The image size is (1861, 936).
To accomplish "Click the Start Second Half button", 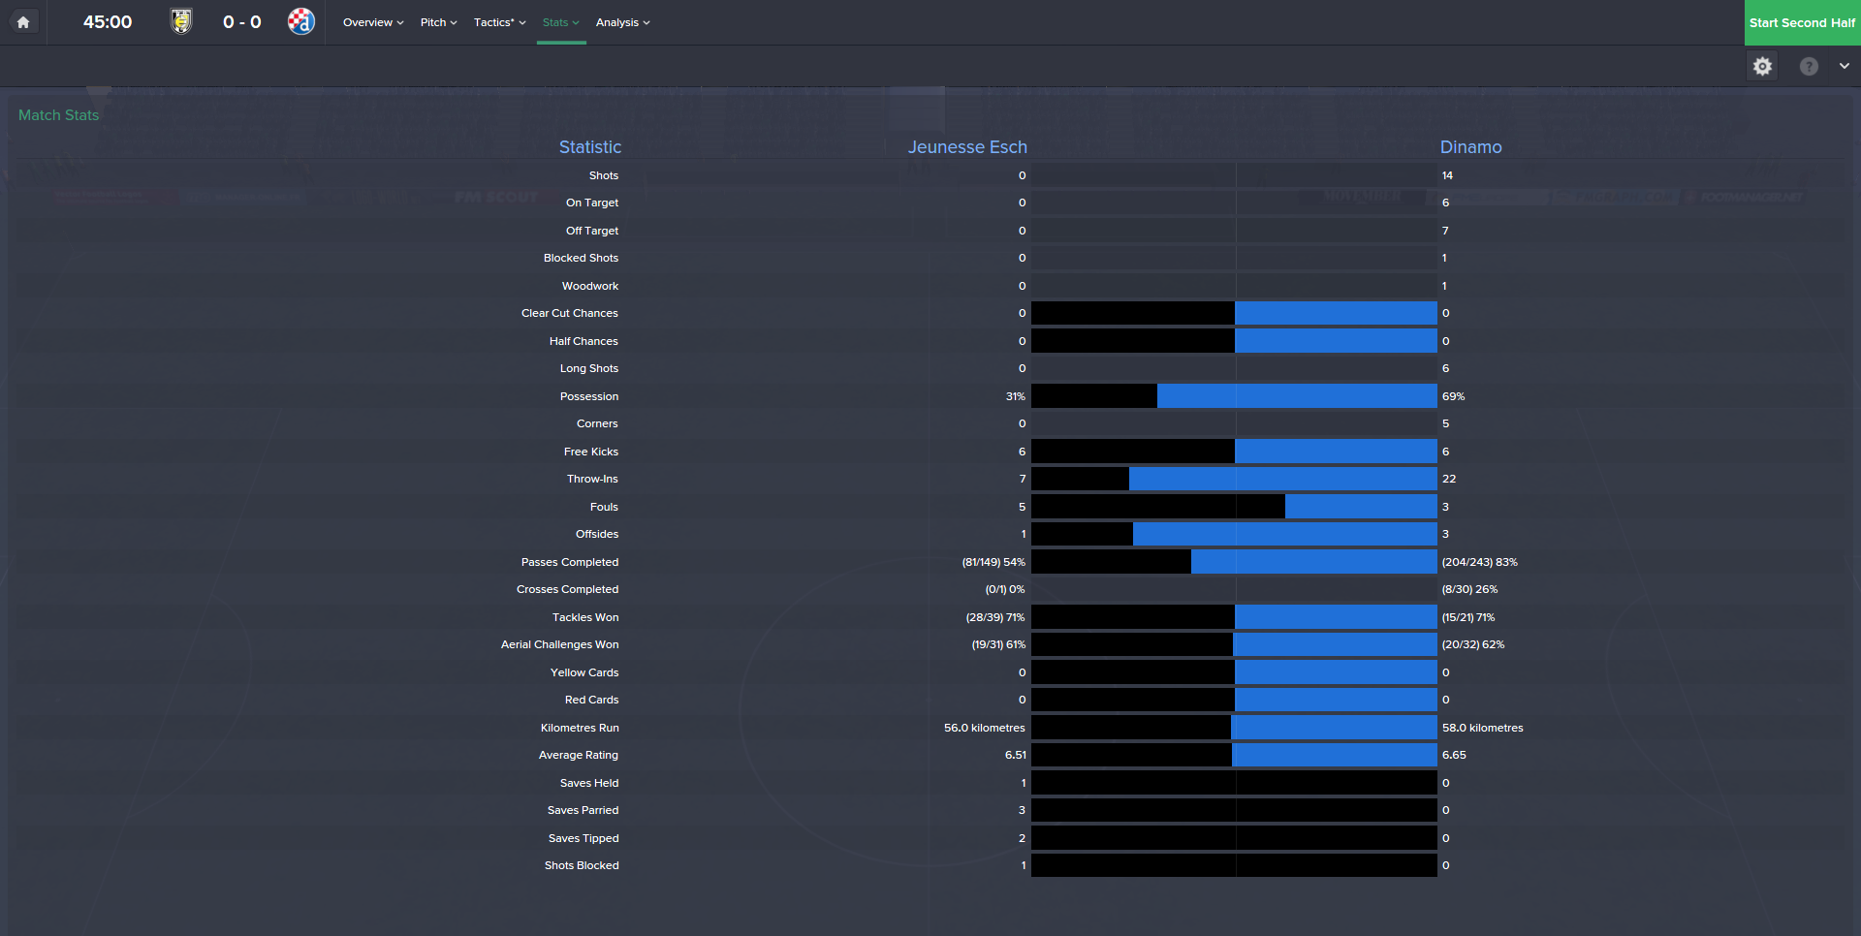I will (1802, 22).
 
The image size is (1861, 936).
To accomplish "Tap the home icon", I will (23, 22).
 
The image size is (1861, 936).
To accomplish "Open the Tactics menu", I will (499, 22).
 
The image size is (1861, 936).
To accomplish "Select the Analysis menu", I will (622, 22).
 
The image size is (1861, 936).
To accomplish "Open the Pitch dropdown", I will (438, 22).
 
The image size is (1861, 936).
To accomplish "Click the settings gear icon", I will (1762, 66).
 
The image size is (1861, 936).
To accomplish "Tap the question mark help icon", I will (1809, 66).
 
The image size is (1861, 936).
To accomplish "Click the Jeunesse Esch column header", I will (966, 147).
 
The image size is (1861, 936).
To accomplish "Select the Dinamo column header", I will (1470, 147).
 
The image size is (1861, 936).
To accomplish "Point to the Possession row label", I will (588, 396).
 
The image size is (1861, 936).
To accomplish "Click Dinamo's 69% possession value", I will (1453, 396).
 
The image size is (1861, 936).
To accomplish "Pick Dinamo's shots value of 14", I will (1447, 175).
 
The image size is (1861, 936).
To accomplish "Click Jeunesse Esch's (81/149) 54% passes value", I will (994, 562).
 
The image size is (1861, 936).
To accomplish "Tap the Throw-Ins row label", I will (592, 479).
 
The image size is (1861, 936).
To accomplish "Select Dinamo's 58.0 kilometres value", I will (1482, 728).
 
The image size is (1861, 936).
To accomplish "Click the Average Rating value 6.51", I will (1015, 755).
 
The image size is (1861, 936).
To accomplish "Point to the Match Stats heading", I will (58, 115).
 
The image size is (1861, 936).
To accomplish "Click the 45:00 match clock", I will (108, 22).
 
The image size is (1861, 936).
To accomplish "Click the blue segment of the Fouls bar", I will (1361, 507).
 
